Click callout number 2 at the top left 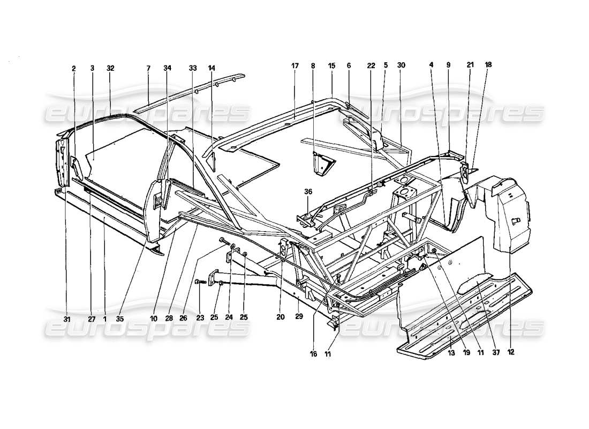pos(74,69)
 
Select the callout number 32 pos(110,69)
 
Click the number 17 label pos(294,65)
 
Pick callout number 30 pos(402,65)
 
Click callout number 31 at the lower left pos(66,319)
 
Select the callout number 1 pos(104,319)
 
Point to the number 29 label pos(298,317)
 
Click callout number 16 pos(313,354)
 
